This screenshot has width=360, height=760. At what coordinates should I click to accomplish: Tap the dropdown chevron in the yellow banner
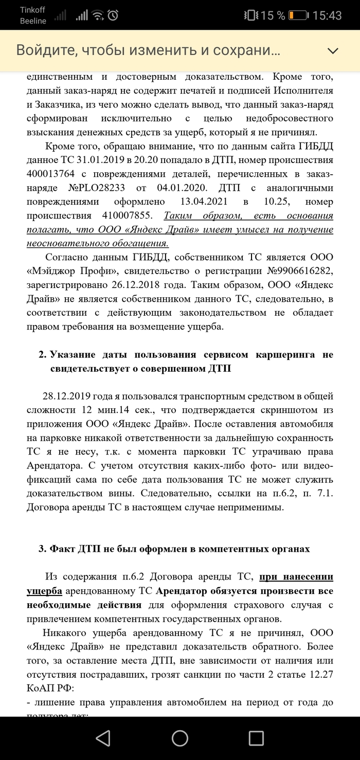(333, 50)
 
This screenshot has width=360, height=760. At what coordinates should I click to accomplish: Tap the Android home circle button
(180, 738)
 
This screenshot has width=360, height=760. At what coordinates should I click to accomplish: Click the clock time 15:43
(327, 15)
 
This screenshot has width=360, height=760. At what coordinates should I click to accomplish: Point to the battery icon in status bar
(296, 15)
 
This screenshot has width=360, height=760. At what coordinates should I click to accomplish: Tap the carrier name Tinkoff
(33, 10)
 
